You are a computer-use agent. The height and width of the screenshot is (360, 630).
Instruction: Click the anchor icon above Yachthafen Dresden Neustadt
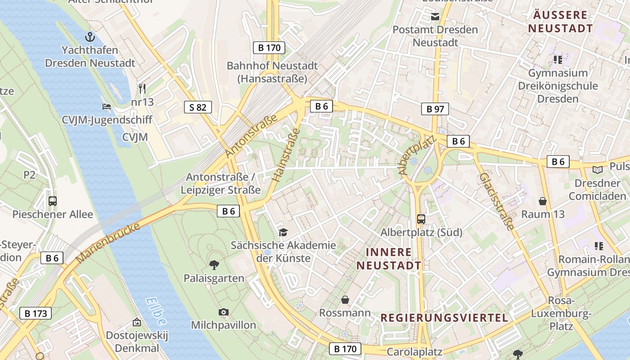pos(90,36)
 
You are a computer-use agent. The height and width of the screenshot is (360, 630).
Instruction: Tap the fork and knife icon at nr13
pos(142,88)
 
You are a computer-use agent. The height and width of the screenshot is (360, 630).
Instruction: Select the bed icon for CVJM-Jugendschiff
pos(107,107)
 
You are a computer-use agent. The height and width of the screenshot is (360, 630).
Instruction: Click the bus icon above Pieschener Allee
pos(53,201)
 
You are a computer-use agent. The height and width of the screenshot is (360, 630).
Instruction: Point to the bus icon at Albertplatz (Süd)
pos(421,219)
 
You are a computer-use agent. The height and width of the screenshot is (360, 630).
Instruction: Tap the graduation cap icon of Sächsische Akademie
pos(283,232)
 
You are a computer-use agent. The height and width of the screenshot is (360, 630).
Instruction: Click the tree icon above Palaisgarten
pos(214,265)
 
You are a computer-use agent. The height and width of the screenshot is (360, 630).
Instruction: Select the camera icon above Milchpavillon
pos(223,312)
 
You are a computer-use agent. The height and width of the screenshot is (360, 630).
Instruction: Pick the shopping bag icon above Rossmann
pos(345,300)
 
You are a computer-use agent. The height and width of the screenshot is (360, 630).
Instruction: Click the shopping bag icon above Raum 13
pos(543,201)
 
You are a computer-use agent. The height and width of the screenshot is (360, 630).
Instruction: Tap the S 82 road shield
pos(198,107)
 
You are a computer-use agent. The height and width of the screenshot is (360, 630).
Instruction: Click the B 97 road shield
pos(435,108)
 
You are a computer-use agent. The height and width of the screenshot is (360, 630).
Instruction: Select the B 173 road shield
pos(36,313)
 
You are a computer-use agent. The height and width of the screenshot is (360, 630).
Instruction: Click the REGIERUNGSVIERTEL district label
pos(444,318)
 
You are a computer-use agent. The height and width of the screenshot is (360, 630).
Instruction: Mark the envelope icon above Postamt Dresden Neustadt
pos(435,17)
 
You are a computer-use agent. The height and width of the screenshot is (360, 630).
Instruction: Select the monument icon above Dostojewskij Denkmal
pos(136,322)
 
